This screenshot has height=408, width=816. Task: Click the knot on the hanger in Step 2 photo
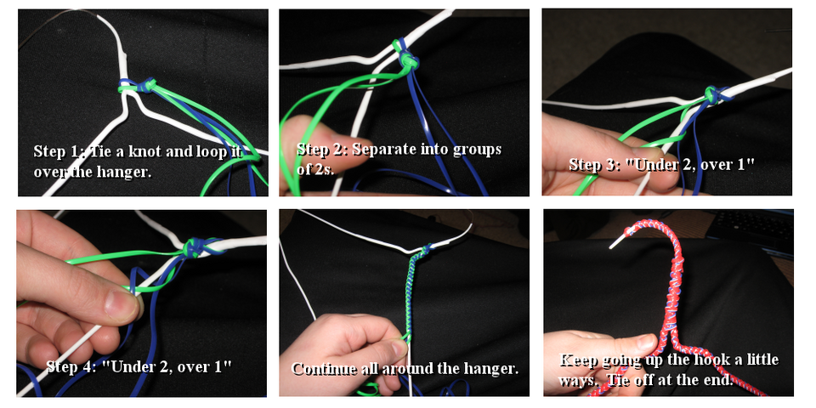(x=406, y=56)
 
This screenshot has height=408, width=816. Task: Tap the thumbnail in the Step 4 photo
(x=121, y=304)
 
